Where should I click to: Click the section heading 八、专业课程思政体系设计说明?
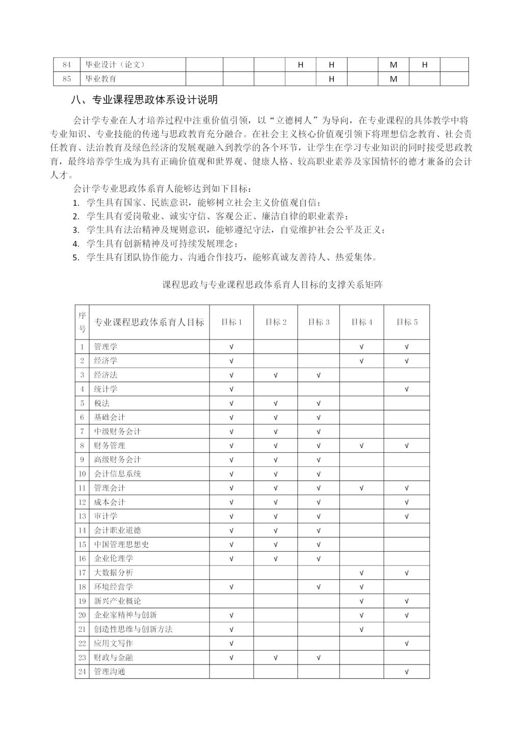pos(145,100)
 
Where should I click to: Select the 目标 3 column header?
pos(319,322)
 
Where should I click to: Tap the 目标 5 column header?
pos(407,322)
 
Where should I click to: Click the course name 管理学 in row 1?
pos(106,347)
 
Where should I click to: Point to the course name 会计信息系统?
pos(117,474)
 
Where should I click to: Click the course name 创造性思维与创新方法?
pos(133,629)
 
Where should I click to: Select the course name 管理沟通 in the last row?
pos(110,672)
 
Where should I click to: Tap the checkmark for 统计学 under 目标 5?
pos(407,389)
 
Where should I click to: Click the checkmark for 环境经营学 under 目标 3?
pos(319,587)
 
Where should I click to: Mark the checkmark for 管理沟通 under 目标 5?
pos(407,672)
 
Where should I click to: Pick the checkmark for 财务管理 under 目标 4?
pos(361,446)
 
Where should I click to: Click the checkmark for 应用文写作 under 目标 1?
pos(231,644)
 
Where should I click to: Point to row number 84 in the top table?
pos(67,65)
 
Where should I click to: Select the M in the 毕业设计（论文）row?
pos(394,65)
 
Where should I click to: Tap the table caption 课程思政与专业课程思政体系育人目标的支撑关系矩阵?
pos(273,285)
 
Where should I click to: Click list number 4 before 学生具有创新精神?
pos(76,244)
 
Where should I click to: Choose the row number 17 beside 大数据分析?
pos(82,573)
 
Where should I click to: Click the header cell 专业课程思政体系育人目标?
pos(149,322)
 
